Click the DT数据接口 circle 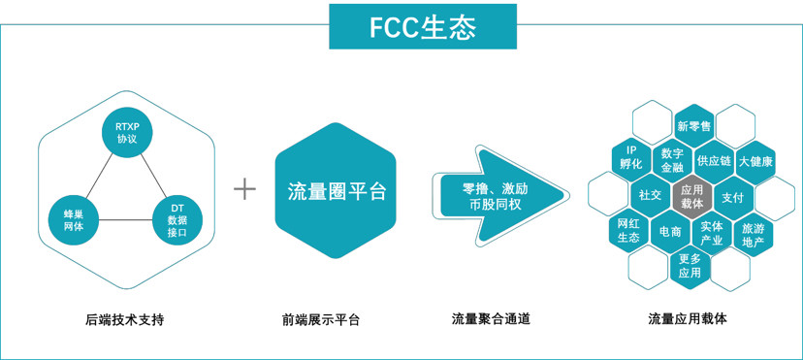[x=177, y=219]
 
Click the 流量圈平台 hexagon [x=337, y=190]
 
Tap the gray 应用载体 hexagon [x=691, y=197]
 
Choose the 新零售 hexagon [x=693, y=126]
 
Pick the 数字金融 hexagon [x=672, y=160]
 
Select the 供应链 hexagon [x=714, y=161]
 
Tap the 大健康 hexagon [x=755, y=161]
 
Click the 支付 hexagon [x=732, y=197]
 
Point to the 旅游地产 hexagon [x=753, y=235]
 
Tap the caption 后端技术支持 [x=125, y=318]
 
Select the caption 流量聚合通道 [x=491, y=318]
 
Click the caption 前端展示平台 [x=321, y=318]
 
